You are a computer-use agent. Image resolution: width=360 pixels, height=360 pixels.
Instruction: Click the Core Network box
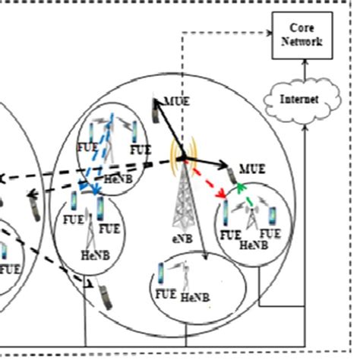click(304, 36)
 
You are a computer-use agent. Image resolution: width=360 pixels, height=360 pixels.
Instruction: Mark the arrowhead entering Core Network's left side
click(268, 34)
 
